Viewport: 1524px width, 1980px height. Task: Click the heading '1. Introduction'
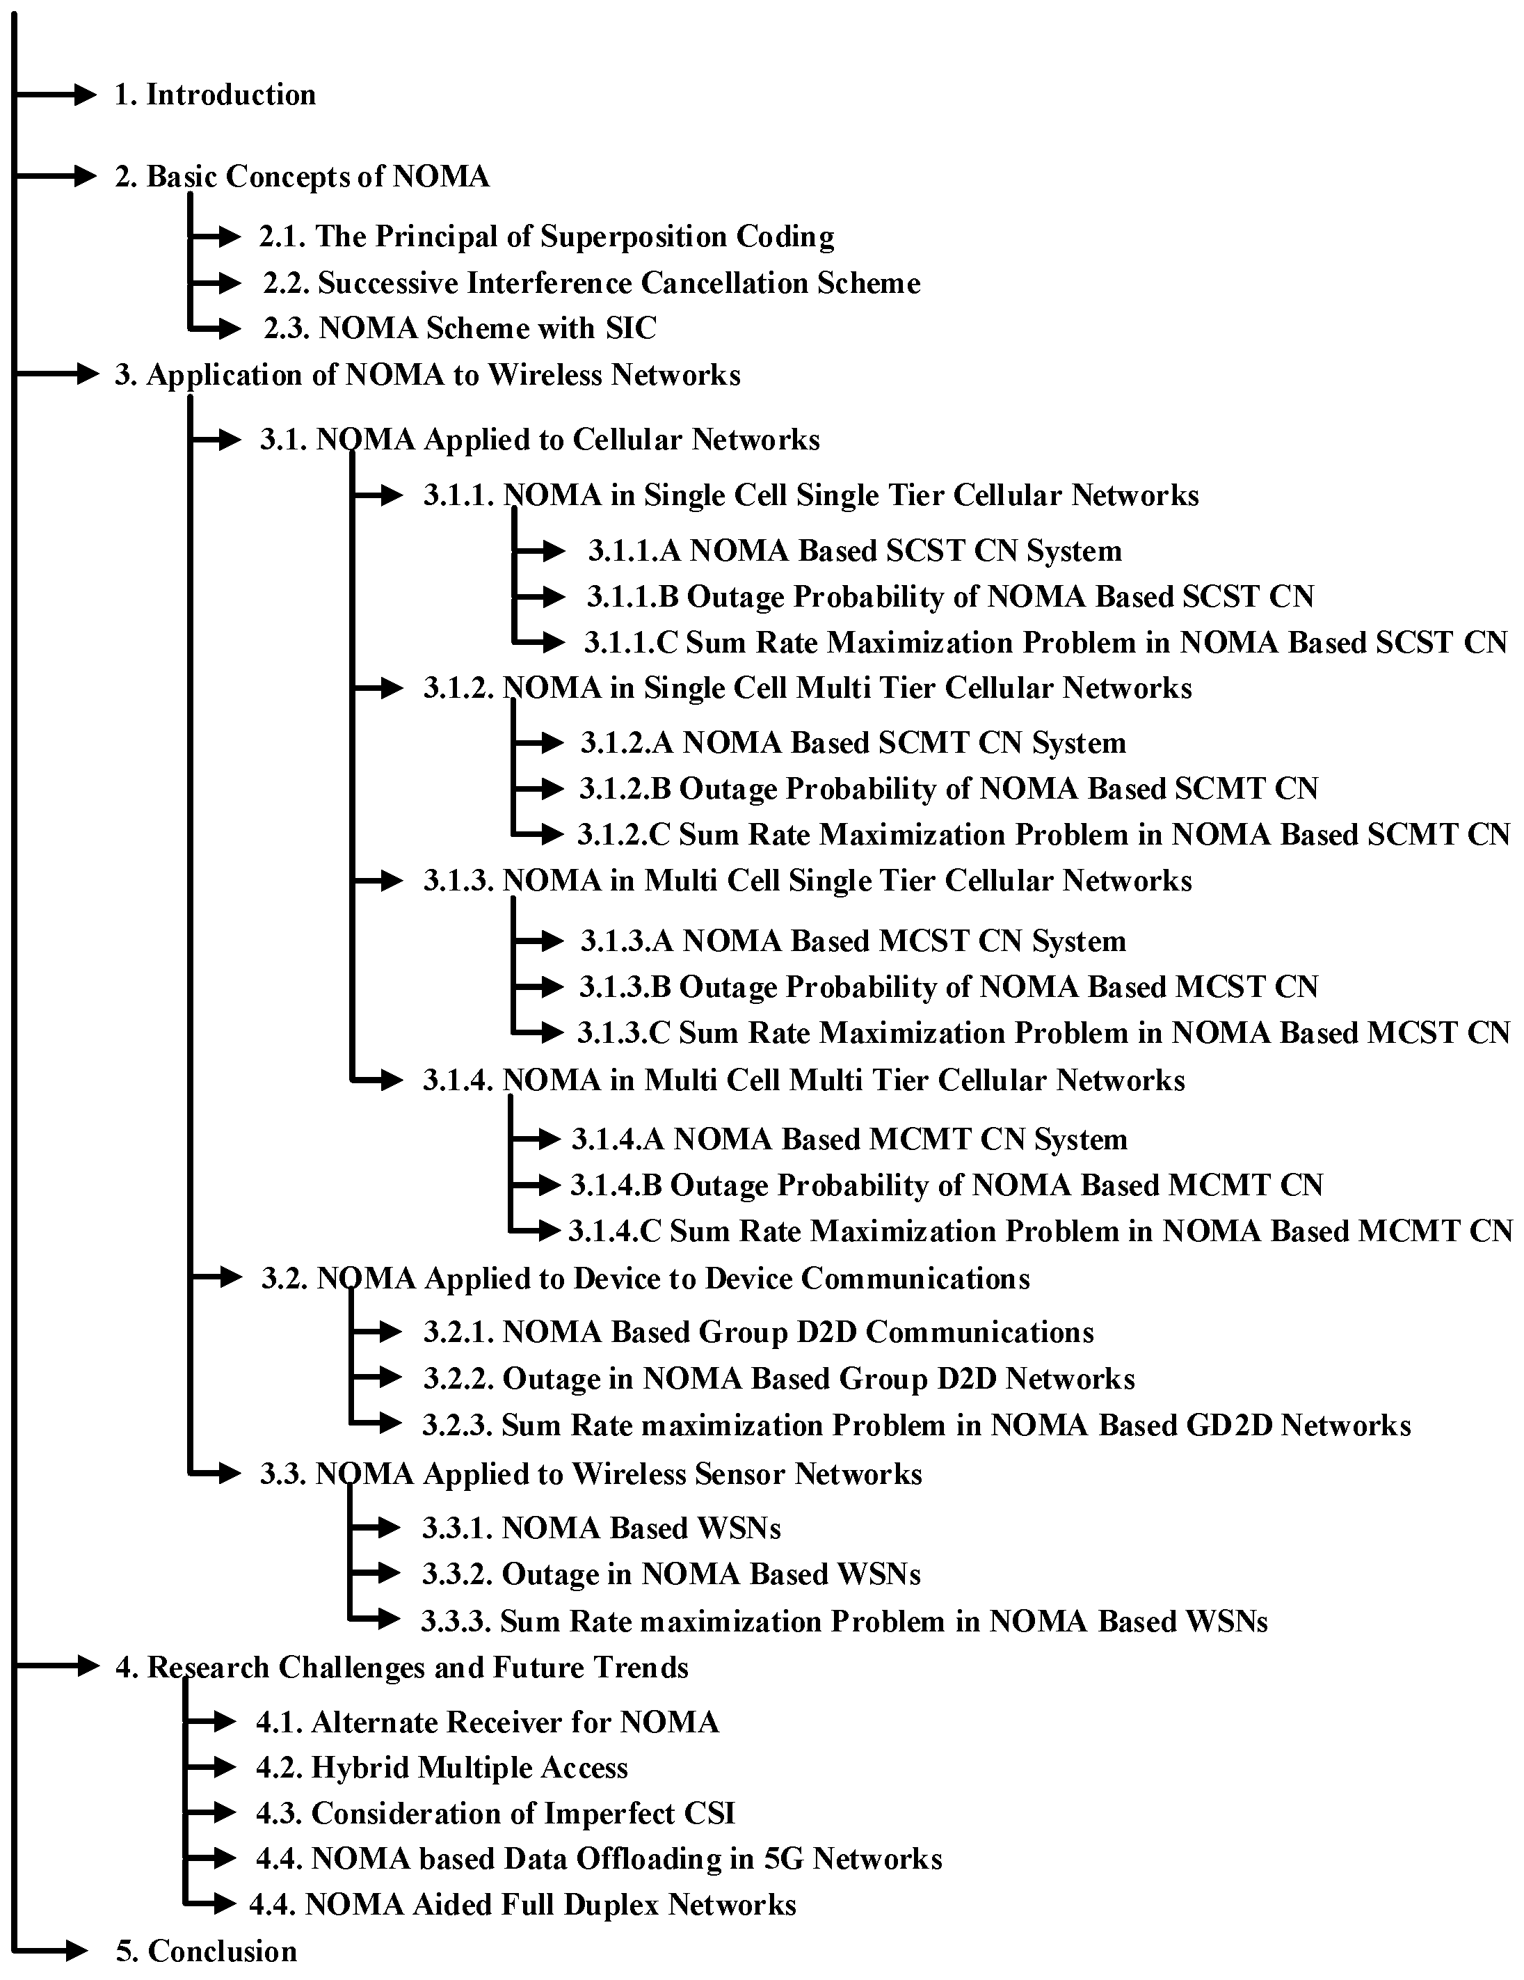tap(215, 95)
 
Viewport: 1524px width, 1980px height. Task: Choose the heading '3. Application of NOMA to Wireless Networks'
tap(427, 375)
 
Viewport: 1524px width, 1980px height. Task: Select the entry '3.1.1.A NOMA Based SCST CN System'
tap(854, 551)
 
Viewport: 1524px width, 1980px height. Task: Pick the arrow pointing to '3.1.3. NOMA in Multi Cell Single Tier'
tap(378, 879)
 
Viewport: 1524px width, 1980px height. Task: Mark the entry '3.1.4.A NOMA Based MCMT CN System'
tap(849, 1140)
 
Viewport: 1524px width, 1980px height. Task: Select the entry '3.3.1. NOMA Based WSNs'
tap(601, 1528)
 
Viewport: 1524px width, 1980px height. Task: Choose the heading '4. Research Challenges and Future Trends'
tap(401, 1667)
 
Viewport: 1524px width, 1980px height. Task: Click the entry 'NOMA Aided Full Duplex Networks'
tap(523, 1905)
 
